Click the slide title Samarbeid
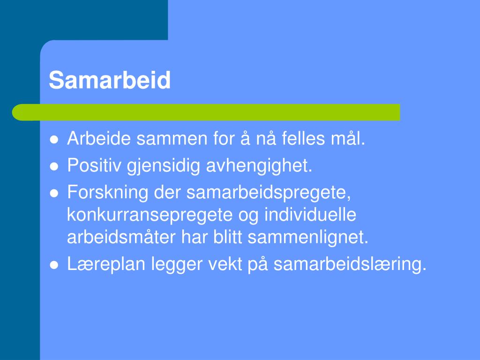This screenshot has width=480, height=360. (x=110, y=80)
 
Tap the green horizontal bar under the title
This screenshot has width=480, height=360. (x=206, y=112)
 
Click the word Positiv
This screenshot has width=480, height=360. (x=94, y=165)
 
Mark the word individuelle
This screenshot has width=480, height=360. (x=310, y=215)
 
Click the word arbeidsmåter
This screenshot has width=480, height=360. (x=121, y=237)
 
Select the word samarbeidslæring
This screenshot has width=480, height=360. (x=350, y=264)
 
